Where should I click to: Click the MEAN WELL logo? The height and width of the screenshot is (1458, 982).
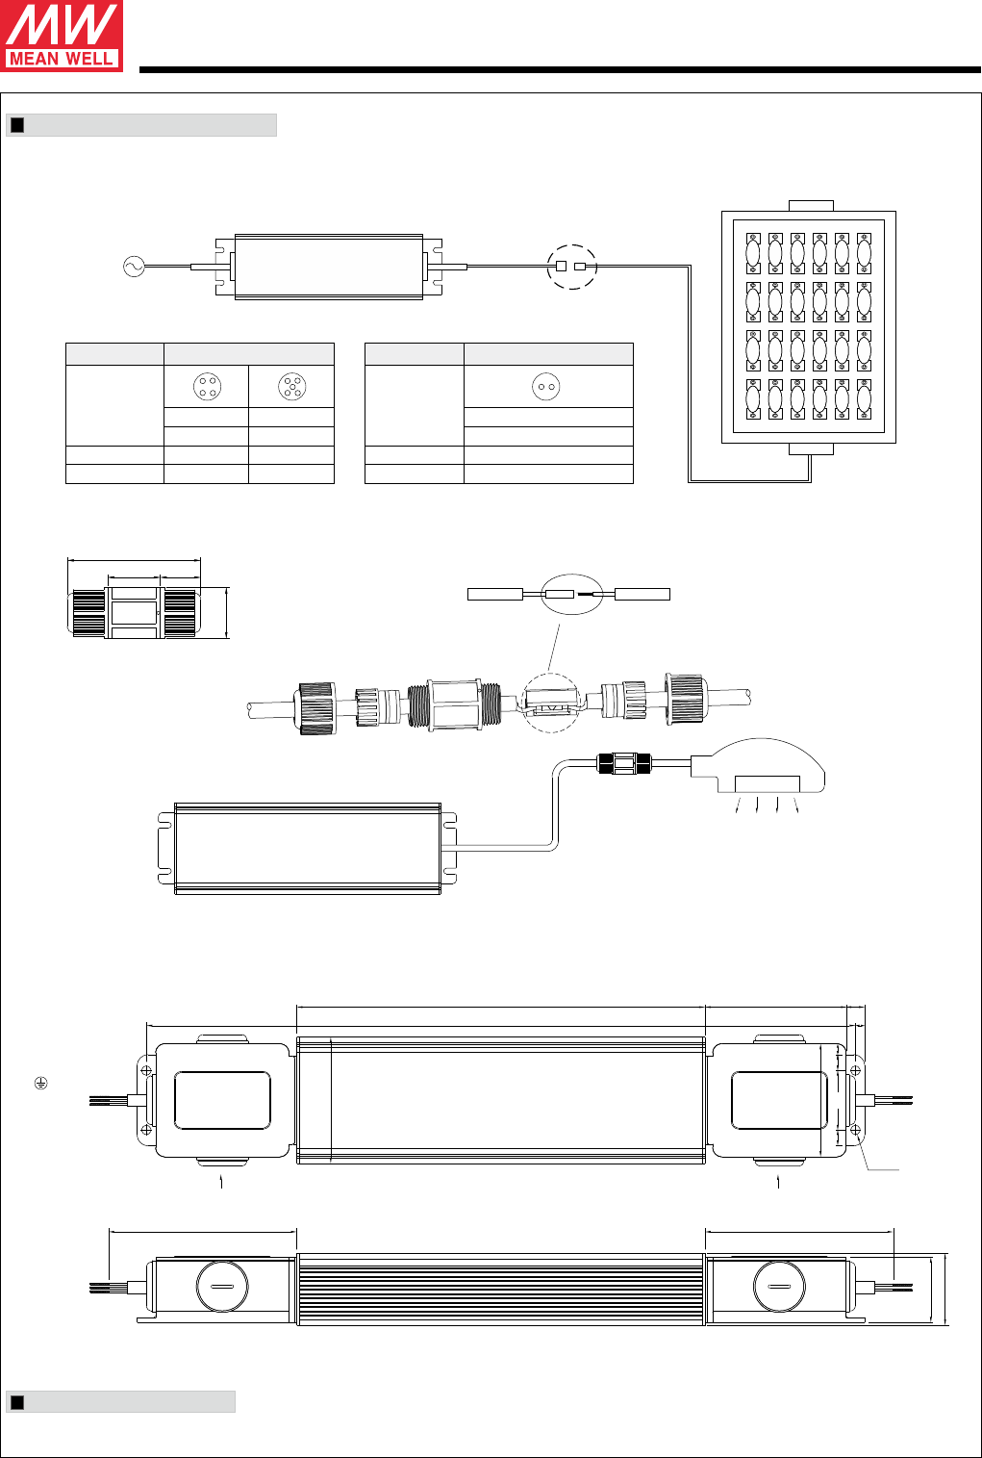[62, 36]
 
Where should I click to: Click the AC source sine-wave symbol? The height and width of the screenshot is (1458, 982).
[134, 267]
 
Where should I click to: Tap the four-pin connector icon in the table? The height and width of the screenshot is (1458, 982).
[207, 387]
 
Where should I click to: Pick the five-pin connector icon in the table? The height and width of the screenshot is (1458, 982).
[292, 387]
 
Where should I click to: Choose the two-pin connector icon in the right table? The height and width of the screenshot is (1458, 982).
[545, 387]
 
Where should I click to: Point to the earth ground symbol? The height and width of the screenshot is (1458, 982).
[41, 1083]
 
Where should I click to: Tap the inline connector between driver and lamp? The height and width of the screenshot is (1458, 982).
[624, 763]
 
